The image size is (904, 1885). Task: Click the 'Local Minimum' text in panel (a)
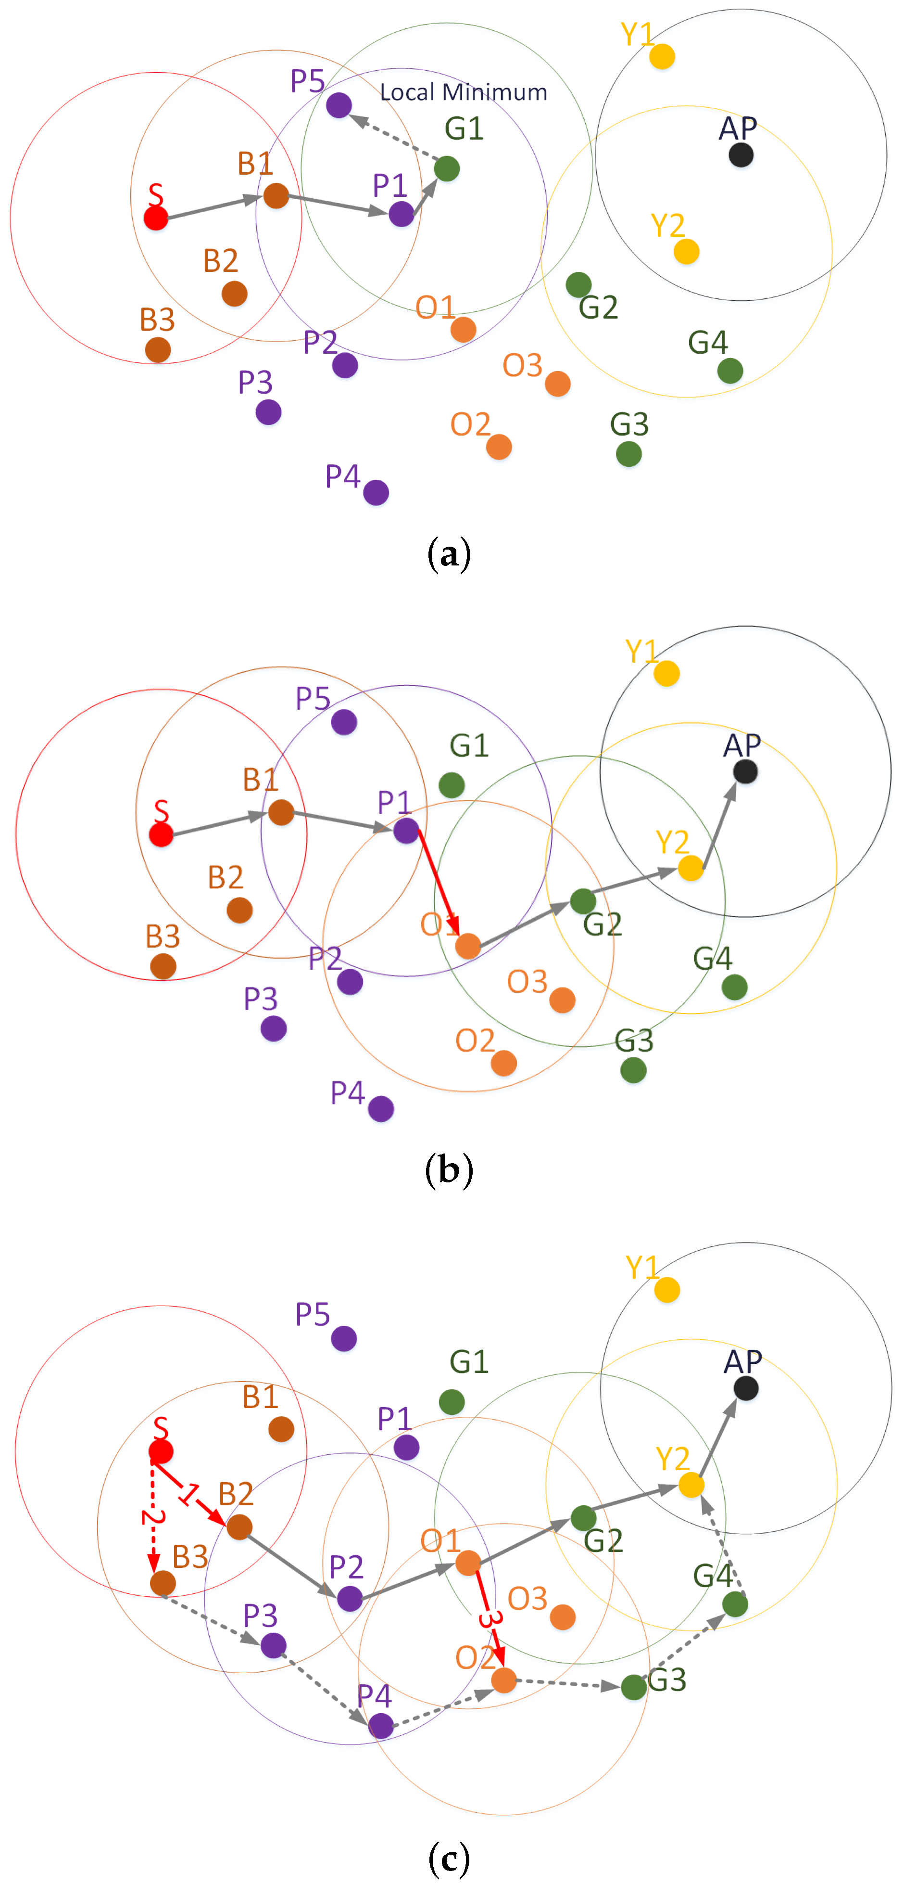(463, 92)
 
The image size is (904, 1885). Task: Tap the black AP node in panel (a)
(741, 154)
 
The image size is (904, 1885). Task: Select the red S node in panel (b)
(161, 834)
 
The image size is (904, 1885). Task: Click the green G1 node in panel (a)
(447, 168)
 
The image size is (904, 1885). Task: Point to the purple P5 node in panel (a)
(339, 105)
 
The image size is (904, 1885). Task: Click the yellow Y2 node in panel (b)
(691, 869)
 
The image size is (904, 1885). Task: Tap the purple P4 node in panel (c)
(381, 1726)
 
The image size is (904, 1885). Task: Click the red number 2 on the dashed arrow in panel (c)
(151, 1518)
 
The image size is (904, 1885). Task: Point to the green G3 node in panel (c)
(633, 1687)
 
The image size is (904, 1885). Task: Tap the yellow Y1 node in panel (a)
(662, 56)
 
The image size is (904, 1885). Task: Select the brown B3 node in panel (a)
(158, 350)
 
